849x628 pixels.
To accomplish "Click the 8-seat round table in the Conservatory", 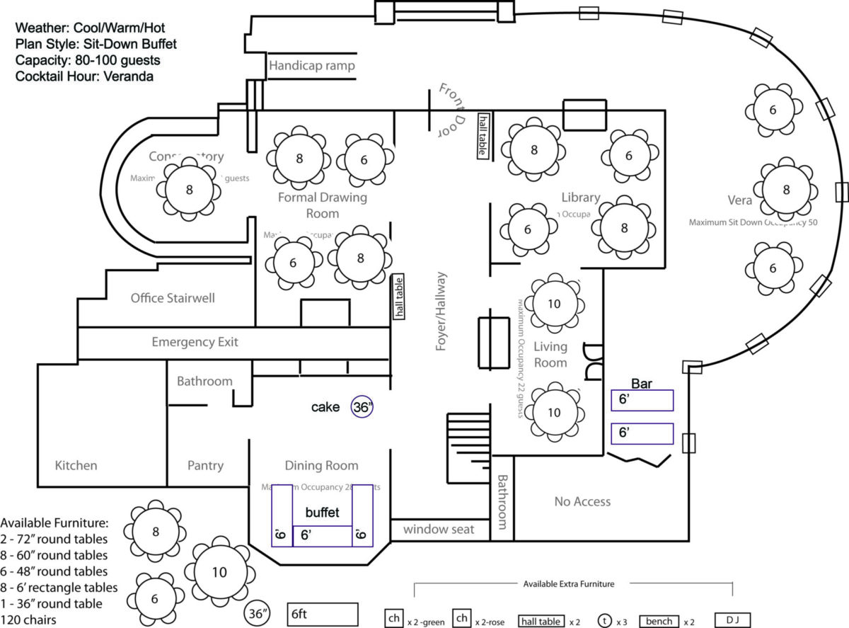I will (189, 189).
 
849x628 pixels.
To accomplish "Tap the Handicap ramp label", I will (311, 66).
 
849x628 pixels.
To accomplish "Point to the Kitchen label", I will (76, 465).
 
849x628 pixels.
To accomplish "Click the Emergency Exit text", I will (195, 342).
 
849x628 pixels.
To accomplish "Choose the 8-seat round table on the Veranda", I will (786, 190).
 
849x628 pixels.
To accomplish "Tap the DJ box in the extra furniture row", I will (732, 620).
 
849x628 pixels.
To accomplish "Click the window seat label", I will (439, 529).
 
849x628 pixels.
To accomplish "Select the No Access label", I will (582, 501).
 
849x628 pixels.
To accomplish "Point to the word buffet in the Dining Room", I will (322, 512).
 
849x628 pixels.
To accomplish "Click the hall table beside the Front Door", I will (483, 135).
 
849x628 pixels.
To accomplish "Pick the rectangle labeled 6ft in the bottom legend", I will (323, 615).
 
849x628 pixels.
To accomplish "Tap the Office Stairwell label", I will (173, 298).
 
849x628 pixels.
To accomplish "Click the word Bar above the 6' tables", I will (641, 384).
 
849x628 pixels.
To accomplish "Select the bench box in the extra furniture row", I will (659, 621).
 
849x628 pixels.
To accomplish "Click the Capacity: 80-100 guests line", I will (88, 60).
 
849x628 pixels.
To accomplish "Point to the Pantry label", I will (205, 465).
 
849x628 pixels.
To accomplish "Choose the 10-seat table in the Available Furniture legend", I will (219, 572).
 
